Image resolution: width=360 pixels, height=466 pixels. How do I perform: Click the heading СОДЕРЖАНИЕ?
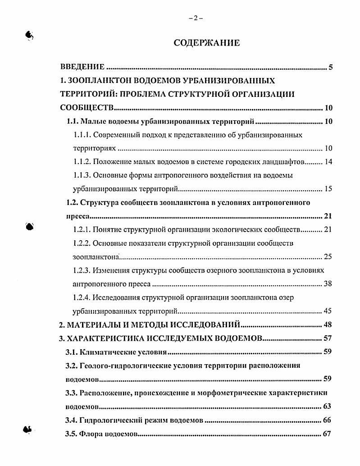(x=207, y=43)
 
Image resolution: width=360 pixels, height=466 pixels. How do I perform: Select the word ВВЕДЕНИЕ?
(x=82, y=68)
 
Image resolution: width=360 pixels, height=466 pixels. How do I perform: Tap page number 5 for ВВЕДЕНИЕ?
(x=330, y=68)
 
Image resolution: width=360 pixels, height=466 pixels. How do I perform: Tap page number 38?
(x=328, y=284)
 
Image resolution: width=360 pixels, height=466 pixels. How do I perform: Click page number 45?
(x=328, y=311)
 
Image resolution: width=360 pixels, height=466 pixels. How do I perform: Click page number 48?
(x=328, y=325)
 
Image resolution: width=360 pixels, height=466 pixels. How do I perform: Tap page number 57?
(x=328, y=338)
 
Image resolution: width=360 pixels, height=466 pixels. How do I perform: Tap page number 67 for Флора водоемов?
(x=328, y=434)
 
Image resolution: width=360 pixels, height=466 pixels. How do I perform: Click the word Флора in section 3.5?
(x=91, y=434)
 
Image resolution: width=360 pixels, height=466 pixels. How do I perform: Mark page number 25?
(x=328, y=257)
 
